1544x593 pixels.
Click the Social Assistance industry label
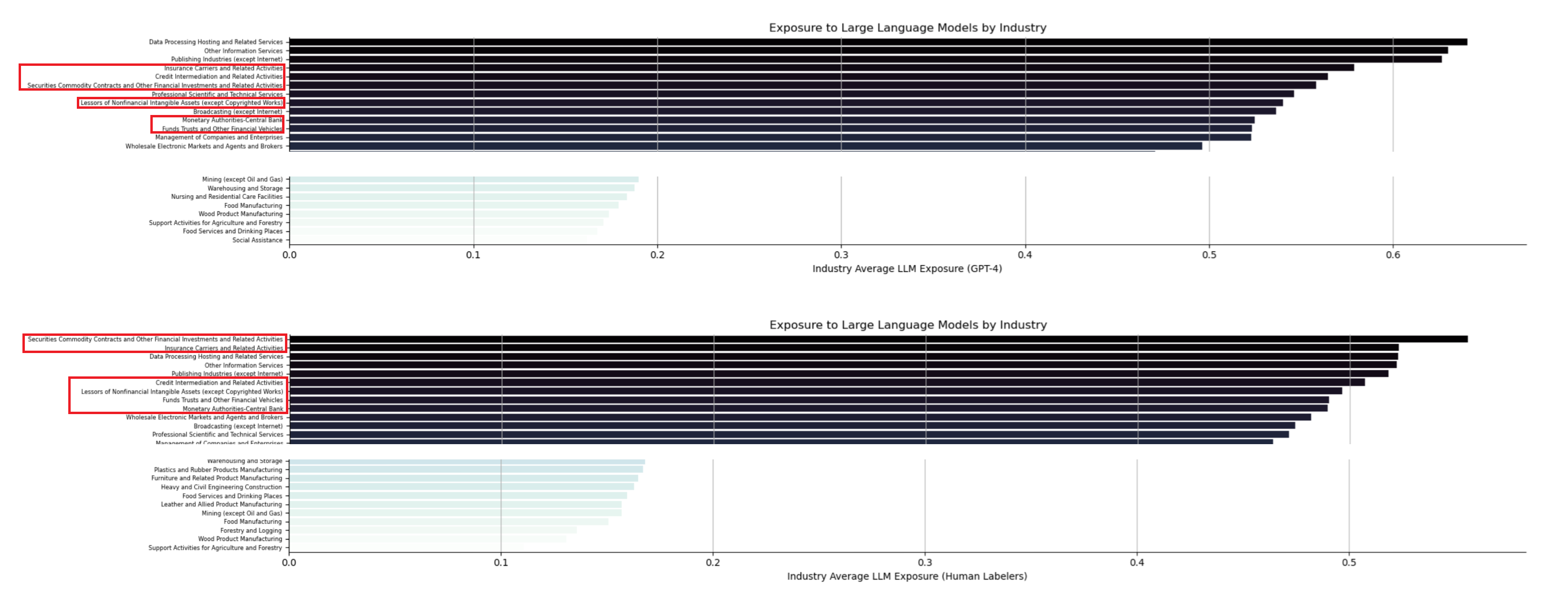point(257,240)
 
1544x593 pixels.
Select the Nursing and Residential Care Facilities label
point(227,197)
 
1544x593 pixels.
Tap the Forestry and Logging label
point(251,531)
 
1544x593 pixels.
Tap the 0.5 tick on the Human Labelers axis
point(1349,562)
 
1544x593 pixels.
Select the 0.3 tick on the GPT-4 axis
point(841,255)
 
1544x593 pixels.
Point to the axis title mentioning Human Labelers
point(907,576)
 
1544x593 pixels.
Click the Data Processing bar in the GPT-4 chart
point(878,42)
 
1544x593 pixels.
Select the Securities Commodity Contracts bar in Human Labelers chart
point(878,339)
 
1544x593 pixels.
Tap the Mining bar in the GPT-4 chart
point(464,179)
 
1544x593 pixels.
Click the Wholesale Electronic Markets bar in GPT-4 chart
point(746,146)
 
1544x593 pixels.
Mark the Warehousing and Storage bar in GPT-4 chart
point(462,188)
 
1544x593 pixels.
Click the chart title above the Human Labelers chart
point(908,325)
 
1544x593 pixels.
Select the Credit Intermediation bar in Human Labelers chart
point(827,382)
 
